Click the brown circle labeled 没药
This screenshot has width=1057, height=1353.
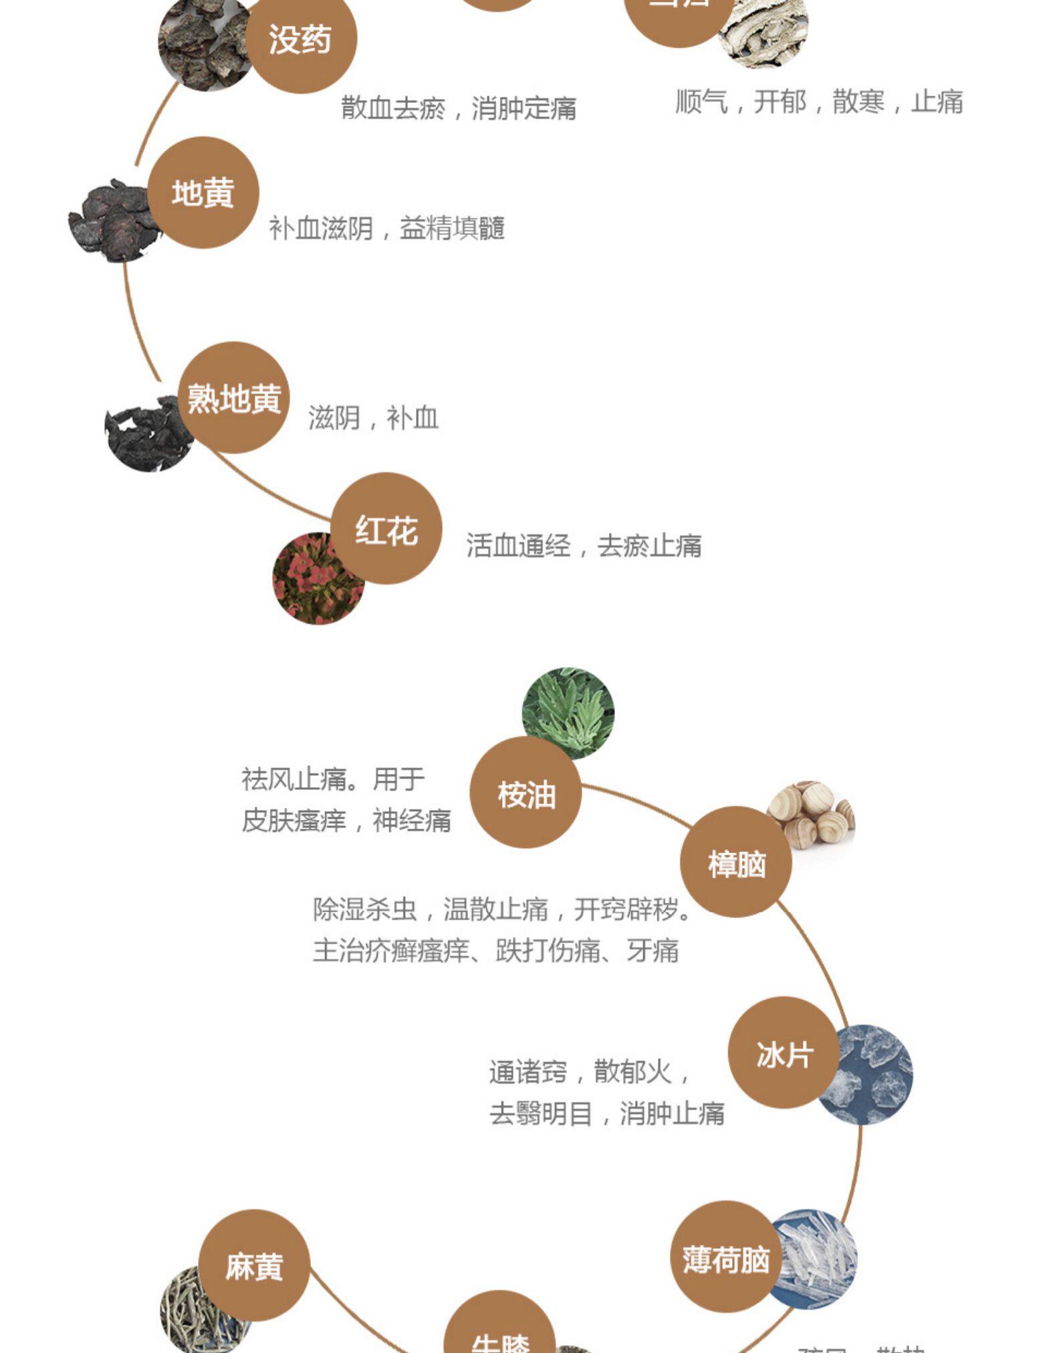click(x=301, y=38)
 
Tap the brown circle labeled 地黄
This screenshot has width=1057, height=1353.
click(x=203, y=193)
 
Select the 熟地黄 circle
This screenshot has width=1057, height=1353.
click(x=234, y=397)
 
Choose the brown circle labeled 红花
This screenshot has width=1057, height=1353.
click(x=386, y=528)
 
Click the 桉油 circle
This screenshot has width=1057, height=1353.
click(x=525, y=793)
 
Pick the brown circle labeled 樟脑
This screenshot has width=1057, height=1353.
click(x=736, y=861)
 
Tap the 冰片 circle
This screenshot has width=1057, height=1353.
click(x=784, y=1052)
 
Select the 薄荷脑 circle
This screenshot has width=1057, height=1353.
click(x=726, y=1256)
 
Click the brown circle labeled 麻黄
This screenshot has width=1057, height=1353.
click(x=254, y=1265)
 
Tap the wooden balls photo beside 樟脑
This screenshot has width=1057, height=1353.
click(x=816, y=813)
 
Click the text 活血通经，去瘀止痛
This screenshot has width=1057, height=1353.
click(x=584, y=546)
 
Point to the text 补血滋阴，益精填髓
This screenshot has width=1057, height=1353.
click(x=386, y=228)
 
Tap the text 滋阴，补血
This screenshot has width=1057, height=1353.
click(x=373, y=418)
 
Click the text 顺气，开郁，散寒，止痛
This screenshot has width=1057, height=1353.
click(x=819, y=102)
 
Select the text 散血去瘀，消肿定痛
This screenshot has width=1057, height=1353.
click(x=459, y=108)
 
